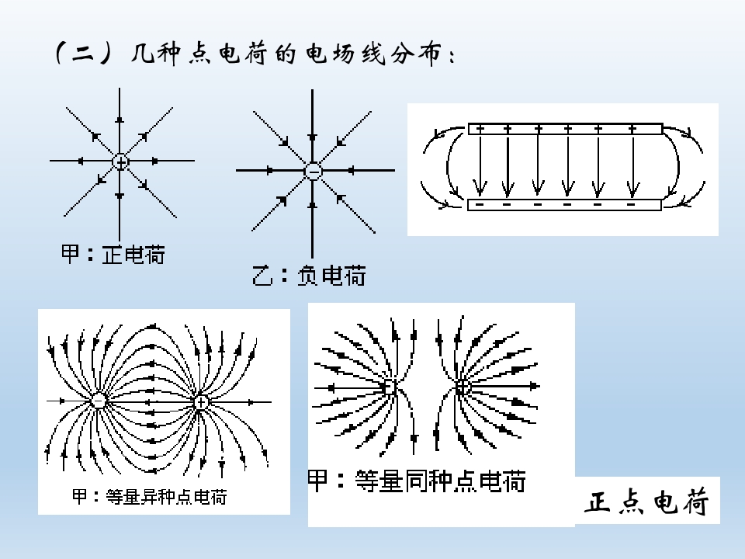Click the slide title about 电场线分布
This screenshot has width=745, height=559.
click(x=255, y=54)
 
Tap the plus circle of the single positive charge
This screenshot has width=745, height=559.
click(x=121, y=161)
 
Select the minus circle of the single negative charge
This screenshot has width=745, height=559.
click(x=313, y=171)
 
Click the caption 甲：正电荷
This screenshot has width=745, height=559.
click(x=113, y=255)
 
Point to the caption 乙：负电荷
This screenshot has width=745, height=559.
click(x=309, y=276)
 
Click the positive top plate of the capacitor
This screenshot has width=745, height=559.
click(x=565, y=129)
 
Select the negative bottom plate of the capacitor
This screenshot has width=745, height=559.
click(x=564, y=205)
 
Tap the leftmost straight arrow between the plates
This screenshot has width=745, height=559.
click(x=480, y=165)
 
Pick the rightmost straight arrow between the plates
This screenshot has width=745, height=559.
click(x=632, y=165)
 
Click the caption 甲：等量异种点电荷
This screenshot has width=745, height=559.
click(x=150, y=497)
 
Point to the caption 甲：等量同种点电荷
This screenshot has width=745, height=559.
click(x=417, y=481)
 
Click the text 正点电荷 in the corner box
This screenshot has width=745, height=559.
click(x=647, y=502)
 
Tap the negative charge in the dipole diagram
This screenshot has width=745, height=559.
click(x=99, y=401)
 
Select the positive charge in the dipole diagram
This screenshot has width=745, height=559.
click(x=201, y=402)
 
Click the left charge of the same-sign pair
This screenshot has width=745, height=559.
click(x=389, y=387)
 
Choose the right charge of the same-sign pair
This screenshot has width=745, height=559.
click(x=463, y=387)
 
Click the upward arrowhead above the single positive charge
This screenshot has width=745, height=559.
click(x=120, y=120)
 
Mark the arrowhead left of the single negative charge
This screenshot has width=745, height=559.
click(x=269, y=170)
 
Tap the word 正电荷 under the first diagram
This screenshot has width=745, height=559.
click(x=133, y=255)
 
